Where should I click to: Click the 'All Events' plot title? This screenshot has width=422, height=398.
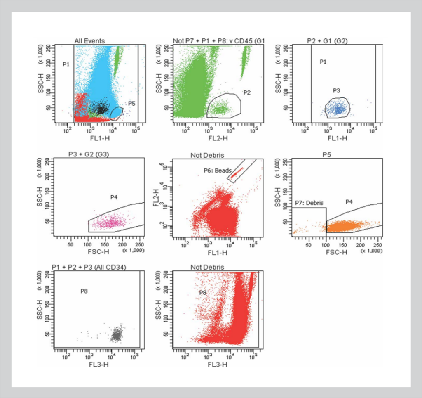(89, 40)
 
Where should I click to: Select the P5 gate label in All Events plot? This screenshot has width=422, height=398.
(131, 104)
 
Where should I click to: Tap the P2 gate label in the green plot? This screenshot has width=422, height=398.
(247, 93)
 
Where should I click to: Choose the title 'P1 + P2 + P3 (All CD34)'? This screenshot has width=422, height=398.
(89, 268)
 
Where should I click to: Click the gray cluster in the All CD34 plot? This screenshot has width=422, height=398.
(117, 335)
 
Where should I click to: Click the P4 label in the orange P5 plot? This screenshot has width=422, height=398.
(349, 202)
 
